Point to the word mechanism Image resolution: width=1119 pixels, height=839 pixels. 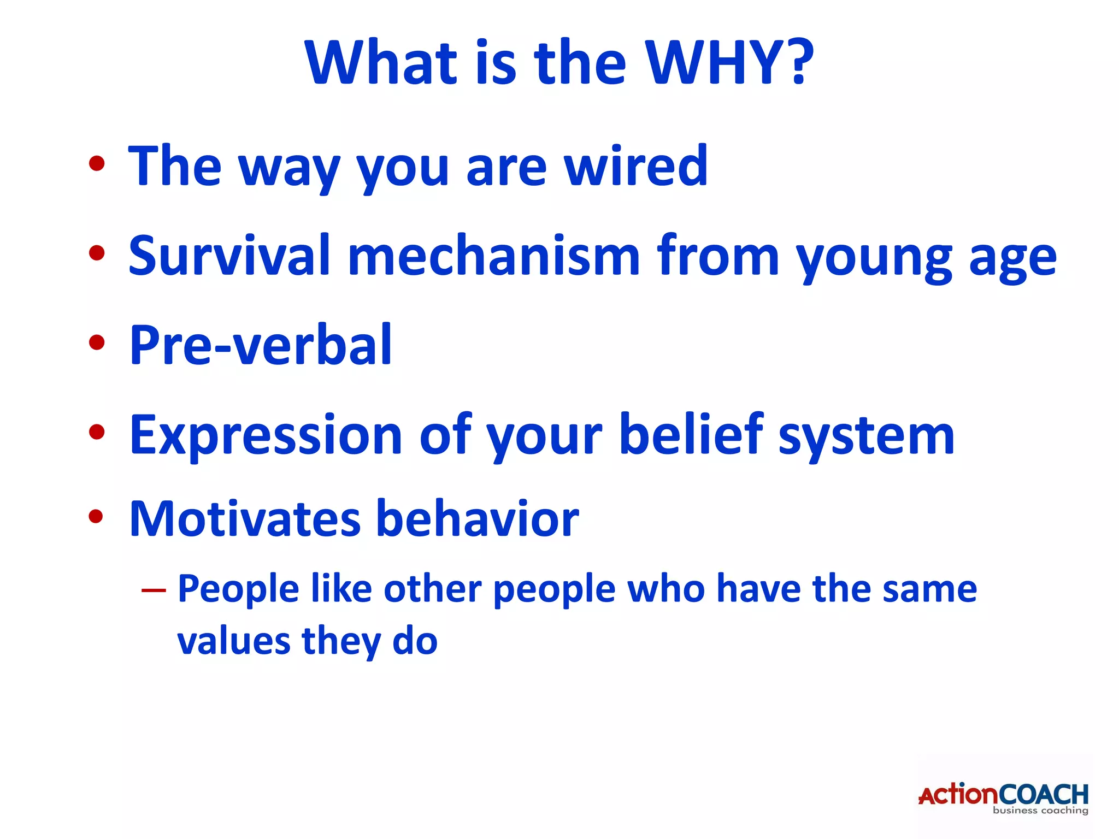click(x=493, y=256)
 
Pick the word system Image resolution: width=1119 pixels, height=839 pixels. click(x=867, y=437)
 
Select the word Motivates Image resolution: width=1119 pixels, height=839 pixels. click(x=245, y=519)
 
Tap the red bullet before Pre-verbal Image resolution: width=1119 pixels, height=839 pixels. click(x=97, y=342)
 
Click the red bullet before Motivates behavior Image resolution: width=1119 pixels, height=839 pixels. click(x=96, y=516)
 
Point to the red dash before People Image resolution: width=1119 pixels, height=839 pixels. click(x=154, y=590)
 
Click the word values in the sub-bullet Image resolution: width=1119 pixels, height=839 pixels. click(x=233, y=641)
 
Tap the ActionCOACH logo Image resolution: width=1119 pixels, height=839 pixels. click(x=1003, y=797)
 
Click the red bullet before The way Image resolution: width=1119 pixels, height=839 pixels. click(x=97, y=163)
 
